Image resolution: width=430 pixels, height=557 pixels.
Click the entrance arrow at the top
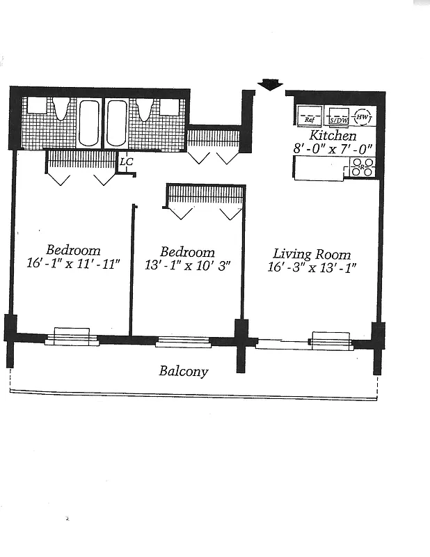[269, 85]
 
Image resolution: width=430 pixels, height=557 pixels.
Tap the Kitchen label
[333, 136]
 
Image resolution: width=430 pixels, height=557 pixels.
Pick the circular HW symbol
[364, 117]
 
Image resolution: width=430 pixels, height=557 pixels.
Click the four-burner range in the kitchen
[361, 167]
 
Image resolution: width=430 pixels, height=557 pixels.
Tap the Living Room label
[311, 254]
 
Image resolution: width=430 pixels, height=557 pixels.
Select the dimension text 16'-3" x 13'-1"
[311, 268]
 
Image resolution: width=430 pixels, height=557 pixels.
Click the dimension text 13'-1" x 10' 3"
[187, 265]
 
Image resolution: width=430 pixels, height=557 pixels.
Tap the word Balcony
[183, 371]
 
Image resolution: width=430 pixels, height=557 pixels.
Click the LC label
[126, 162]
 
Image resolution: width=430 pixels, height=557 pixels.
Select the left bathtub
[88, 123]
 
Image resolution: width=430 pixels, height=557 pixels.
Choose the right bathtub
[116, 123]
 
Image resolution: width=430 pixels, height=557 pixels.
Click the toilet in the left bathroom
[61, 108]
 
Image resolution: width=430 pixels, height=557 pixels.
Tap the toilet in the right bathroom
[145, 108]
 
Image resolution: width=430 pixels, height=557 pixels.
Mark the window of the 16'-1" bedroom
[71, 337]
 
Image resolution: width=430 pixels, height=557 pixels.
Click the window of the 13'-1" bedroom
[183, 341]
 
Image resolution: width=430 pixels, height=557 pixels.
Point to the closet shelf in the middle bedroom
[206, 194]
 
